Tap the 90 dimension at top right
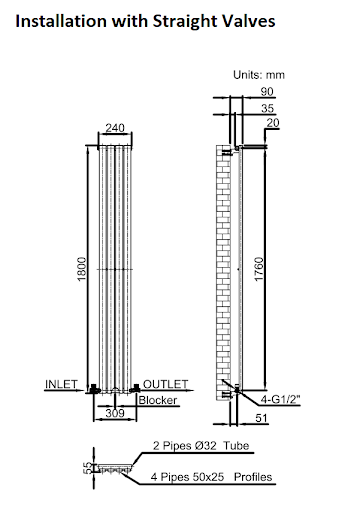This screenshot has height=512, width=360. pos(266,91)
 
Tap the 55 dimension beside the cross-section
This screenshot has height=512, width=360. pos(87,467)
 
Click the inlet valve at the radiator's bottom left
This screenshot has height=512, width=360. pos(92,387)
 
